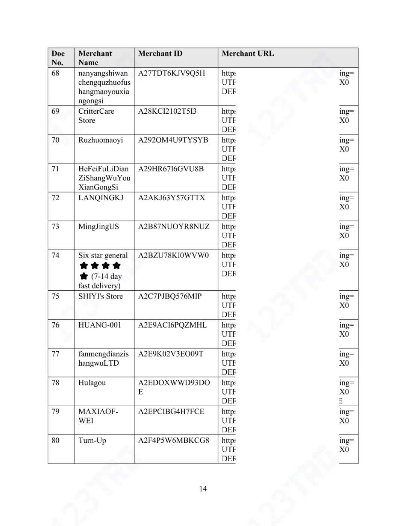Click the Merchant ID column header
(160, 53)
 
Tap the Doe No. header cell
(58, 58)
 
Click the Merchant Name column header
(95, 58)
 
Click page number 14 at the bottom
(203, 489)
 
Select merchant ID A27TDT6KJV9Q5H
(171, 73)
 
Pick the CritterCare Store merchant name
(96, 116)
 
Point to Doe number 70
(55, 140)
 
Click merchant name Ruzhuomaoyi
(100, 140)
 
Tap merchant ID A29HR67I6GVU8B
(171, 169)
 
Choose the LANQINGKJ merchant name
(100, 198)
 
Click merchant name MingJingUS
(98, 227)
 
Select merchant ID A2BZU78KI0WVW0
(173, 255)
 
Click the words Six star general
(103, 255)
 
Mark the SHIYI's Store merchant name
(100, 296)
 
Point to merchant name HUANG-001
(100, 325)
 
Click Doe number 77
(55, 354)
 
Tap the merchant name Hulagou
(92, 383)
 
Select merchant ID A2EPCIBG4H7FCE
(171, 412)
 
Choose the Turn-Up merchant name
(92, 441)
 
